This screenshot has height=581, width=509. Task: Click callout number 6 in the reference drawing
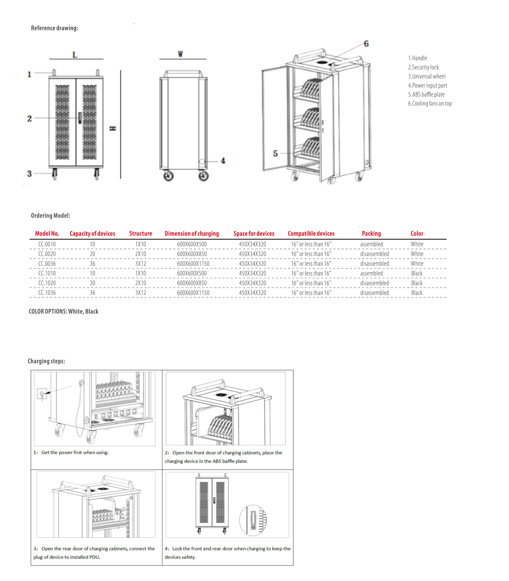(x=366, y=44)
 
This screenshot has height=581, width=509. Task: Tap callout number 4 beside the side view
(x=223, y=161)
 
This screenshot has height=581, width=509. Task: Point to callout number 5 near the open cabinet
(x=275, y=154)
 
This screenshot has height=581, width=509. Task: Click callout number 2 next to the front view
(x=29, y=118)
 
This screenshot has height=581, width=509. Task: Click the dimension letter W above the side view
(x=180, y=54)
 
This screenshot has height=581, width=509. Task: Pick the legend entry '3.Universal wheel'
(x=427, y=76)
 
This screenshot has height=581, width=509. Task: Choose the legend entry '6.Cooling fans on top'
(x=430, y=103)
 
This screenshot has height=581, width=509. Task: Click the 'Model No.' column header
(x=47, y=234)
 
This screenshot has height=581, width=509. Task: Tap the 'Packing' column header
(x=371, y=234)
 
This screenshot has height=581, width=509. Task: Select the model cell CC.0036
(x=47, y=264)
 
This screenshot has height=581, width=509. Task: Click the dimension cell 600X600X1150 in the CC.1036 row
(x=193, y=293)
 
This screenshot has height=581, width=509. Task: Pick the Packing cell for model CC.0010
(x=371, y=244)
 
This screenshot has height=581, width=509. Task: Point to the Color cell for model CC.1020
(x=417, y=283)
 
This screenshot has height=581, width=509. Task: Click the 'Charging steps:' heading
(x=46, y=361)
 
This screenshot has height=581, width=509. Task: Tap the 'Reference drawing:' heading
(x=54, y=28)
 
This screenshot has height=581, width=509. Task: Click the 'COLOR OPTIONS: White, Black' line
(x=63, y=311)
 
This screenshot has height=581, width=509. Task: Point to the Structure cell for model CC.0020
(x=140, y=254)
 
